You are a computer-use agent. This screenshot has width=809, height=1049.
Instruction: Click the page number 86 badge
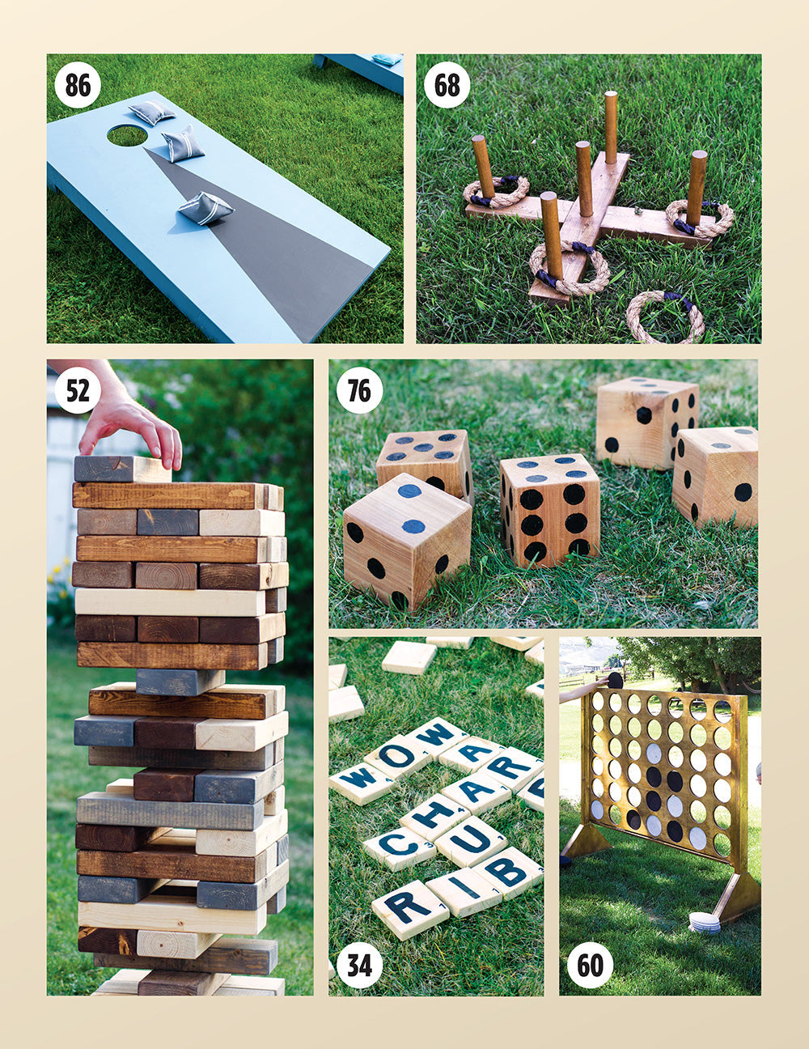[x=78, y=84]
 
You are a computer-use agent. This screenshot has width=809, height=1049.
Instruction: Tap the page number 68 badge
[x=447, y=84]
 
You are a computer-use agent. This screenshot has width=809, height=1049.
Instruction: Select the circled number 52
[x=78, y=390]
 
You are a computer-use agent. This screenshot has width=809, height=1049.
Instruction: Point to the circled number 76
[x=359, y=390]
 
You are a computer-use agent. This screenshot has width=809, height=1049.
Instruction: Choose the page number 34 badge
[x=359, y=965]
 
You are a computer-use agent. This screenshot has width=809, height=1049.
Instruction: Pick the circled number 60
[x=590, y=965]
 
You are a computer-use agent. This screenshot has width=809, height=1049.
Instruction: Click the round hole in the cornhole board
[x=127, y=135]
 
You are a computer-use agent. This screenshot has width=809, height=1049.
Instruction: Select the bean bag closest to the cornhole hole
[x=151, y=113]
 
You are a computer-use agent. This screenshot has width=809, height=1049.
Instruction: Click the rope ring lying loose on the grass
[x=665, y=316]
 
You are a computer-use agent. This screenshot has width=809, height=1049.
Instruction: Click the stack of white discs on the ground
[x=704, y=923]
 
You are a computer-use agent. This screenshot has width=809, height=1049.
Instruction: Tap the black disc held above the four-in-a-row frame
[x=615, y=680]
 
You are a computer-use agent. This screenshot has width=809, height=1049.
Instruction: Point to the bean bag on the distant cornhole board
[x=387, y=59]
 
